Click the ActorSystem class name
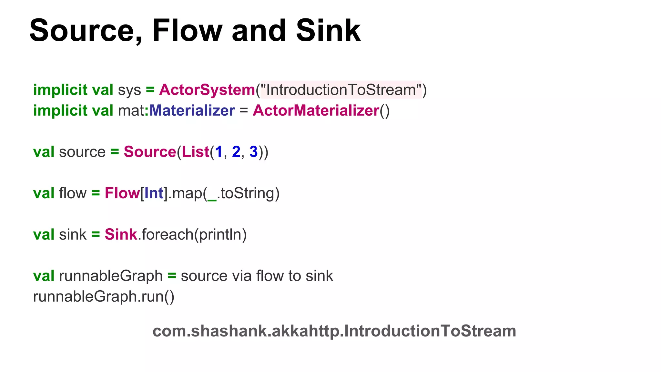point(207,90)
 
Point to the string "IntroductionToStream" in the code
point(341,90)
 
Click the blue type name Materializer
point(192,110)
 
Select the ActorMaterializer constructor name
point(316,110)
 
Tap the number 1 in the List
point(219,152)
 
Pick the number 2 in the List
point(236,152)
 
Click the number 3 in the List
point(254,152)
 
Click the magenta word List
point(196,152)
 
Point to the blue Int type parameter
point(154,193)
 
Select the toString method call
point(247,193)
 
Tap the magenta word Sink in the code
point(121,234)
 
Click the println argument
point(220,234)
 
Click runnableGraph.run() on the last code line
point(104,296)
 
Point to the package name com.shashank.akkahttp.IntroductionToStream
point(334,331)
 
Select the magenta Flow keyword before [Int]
point(122,193)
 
